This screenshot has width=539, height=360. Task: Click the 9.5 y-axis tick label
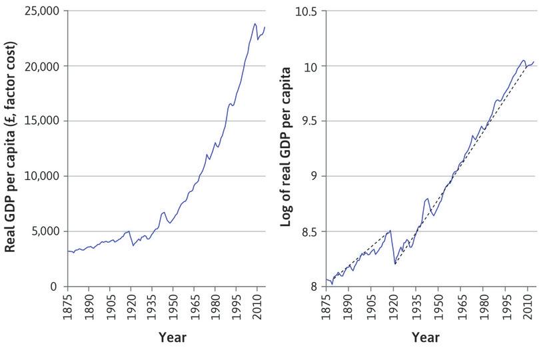click(309, 121)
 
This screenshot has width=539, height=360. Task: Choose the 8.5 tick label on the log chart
click(309, 231)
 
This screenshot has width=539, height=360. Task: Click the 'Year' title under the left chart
click(173, 337)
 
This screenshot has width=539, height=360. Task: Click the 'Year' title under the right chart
click(425, 337)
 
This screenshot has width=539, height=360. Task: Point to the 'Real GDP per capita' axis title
click(11, 148)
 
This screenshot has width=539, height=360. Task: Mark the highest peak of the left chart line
click(255, 23)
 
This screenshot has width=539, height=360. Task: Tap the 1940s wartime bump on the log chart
click(426, 199)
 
